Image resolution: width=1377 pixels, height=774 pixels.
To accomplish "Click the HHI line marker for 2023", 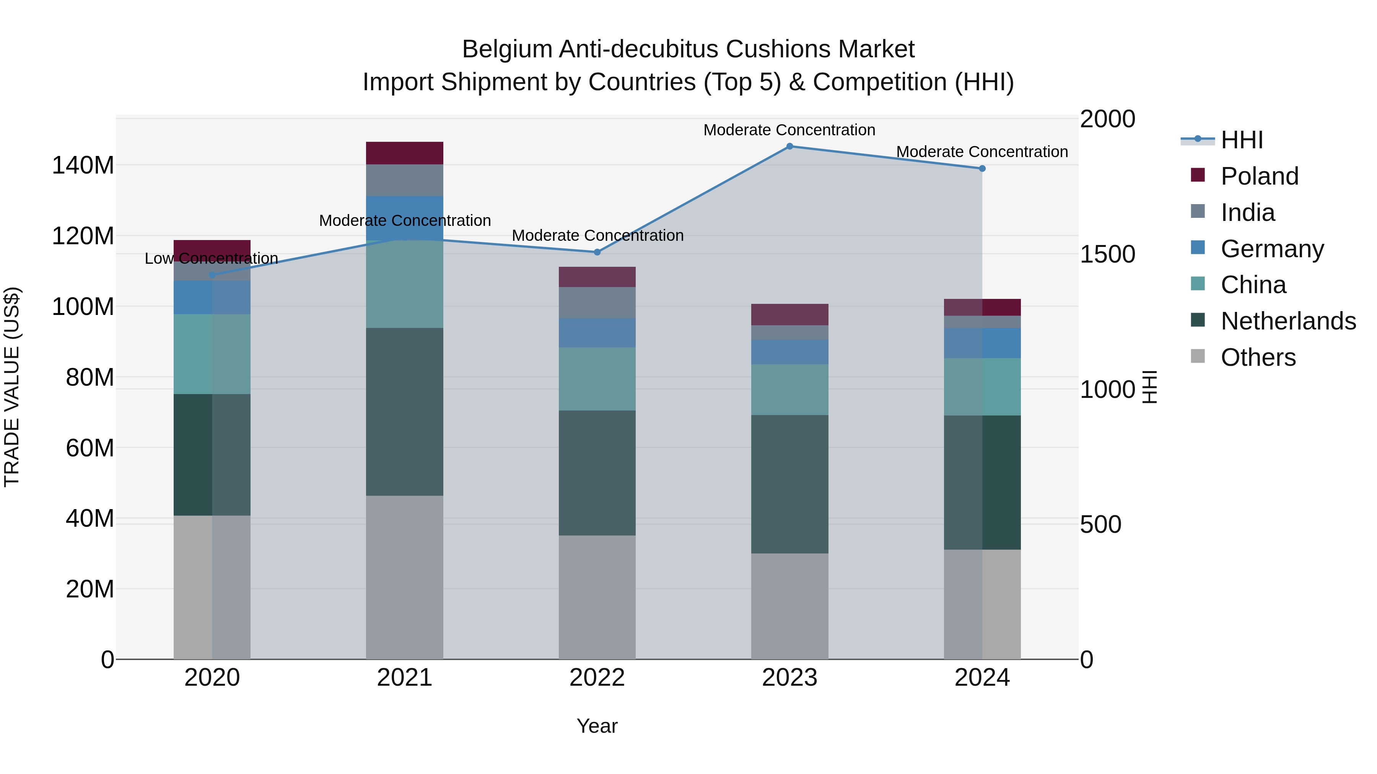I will [789, 146].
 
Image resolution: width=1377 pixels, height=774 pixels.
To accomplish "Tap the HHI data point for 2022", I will [597, 252].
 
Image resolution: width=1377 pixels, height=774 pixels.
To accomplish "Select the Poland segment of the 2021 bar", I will [405, 153].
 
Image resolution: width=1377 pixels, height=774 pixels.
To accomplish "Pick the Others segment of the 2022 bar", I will [597, 597].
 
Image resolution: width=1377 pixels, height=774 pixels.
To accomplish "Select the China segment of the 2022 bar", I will [597, 379].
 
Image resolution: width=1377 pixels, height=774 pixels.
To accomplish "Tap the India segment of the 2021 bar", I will [405, 180].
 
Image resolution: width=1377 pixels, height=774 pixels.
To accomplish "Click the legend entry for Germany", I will [1272, 249].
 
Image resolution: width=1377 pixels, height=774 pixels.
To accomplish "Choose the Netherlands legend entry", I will [1288, 321].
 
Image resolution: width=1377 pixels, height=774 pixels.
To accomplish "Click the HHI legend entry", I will [1242, 140].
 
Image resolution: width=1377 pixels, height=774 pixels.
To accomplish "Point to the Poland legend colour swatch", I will [1198, 175].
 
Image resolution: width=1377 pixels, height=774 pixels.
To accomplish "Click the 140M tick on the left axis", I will [83, 166].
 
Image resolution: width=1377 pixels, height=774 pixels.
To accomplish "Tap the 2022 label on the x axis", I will [597, 678].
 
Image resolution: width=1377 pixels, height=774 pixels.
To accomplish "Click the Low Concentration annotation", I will [211, 258].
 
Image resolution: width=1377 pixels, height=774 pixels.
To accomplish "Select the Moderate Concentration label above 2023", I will [789, 130].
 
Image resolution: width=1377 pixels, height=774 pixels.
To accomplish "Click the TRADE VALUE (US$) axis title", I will [12, 387].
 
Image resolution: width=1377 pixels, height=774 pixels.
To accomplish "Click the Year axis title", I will [597, 726].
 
